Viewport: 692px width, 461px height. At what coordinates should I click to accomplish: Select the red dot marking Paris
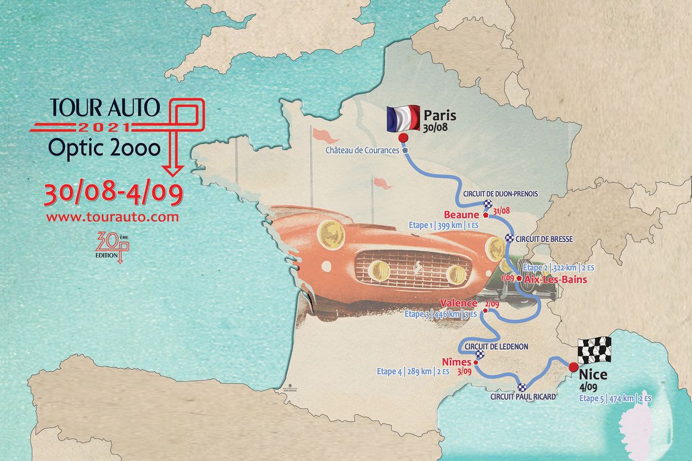[x=403, y=137]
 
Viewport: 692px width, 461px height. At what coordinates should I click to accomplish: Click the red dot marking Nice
[x=573, y=366]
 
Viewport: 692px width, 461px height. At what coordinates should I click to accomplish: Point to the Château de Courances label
[x=362, y=150]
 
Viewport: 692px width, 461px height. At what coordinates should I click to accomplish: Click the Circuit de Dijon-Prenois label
[x=500, y=194]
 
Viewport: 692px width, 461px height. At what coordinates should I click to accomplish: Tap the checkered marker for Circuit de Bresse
[x=509, y=239]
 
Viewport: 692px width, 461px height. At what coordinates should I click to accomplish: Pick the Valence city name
[x=458, y=303]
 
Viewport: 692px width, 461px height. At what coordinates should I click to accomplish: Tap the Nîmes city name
[x=457, y=362]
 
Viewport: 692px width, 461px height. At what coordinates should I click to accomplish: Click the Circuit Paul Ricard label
[x=521, y=396]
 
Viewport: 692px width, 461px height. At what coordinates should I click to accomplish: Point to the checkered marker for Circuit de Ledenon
[x=480, y=356]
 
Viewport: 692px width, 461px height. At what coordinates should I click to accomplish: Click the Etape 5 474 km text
[x=615, y=398]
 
